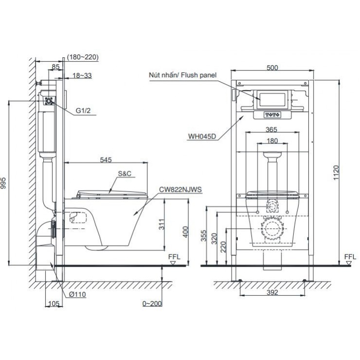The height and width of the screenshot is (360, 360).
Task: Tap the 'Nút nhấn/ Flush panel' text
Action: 183,75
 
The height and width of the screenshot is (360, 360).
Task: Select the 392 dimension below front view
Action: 272,292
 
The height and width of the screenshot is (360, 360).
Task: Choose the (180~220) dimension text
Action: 83,57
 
